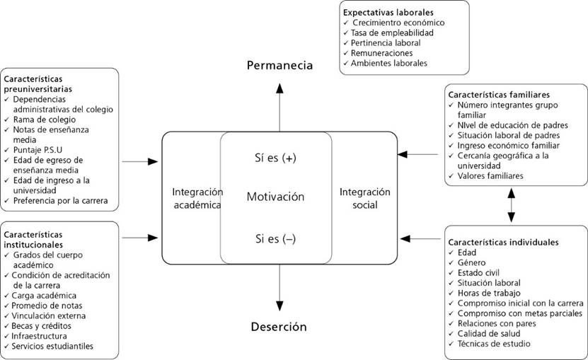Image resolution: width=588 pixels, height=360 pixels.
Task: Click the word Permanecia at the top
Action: pyautogui.click(x=279, y=66)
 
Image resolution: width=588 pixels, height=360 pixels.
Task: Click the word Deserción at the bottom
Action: pyautogui.click(x=279, y=326)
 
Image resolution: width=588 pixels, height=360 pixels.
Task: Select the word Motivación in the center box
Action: pyautogui.click(x=275, y=197)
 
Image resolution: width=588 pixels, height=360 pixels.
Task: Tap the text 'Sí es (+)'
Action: pyautogui.click(x=275, y=158)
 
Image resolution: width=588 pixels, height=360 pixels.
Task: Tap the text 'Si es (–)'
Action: pyautogui.click(x=275, y=238)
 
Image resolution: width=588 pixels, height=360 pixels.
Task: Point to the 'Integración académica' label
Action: pyautogui.click(x=197, y=198)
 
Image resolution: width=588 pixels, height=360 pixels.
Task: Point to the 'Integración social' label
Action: pyautogui.click(x=359, y=198)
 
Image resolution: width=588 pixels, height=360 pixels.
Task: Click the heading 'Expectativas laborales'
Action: pyautogui.click(x=388, y=13)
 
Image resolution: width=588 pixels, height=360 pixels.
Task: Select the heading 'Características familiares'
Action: pyautogui.click(x=499, y=94)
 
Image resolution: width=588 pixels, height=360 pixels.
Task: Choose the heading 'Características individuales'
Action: pyautogui.click(x=503, y=242)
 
